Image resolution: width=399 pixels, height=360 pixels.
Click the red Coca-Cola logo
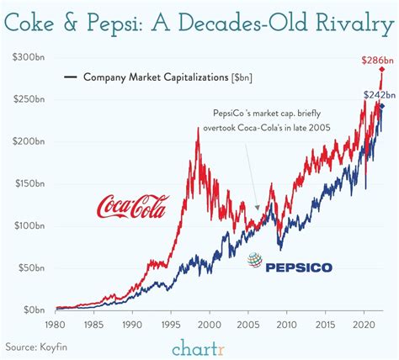tap(133, 204)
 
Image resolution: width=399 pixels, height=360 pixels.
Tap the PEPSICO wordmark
tap(300, 267)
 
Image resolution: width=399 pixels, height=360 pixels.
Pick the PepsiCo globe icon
tap(253, 262)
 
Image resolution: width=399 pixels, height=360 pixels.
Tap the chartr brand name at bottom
tap(199, 346)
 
